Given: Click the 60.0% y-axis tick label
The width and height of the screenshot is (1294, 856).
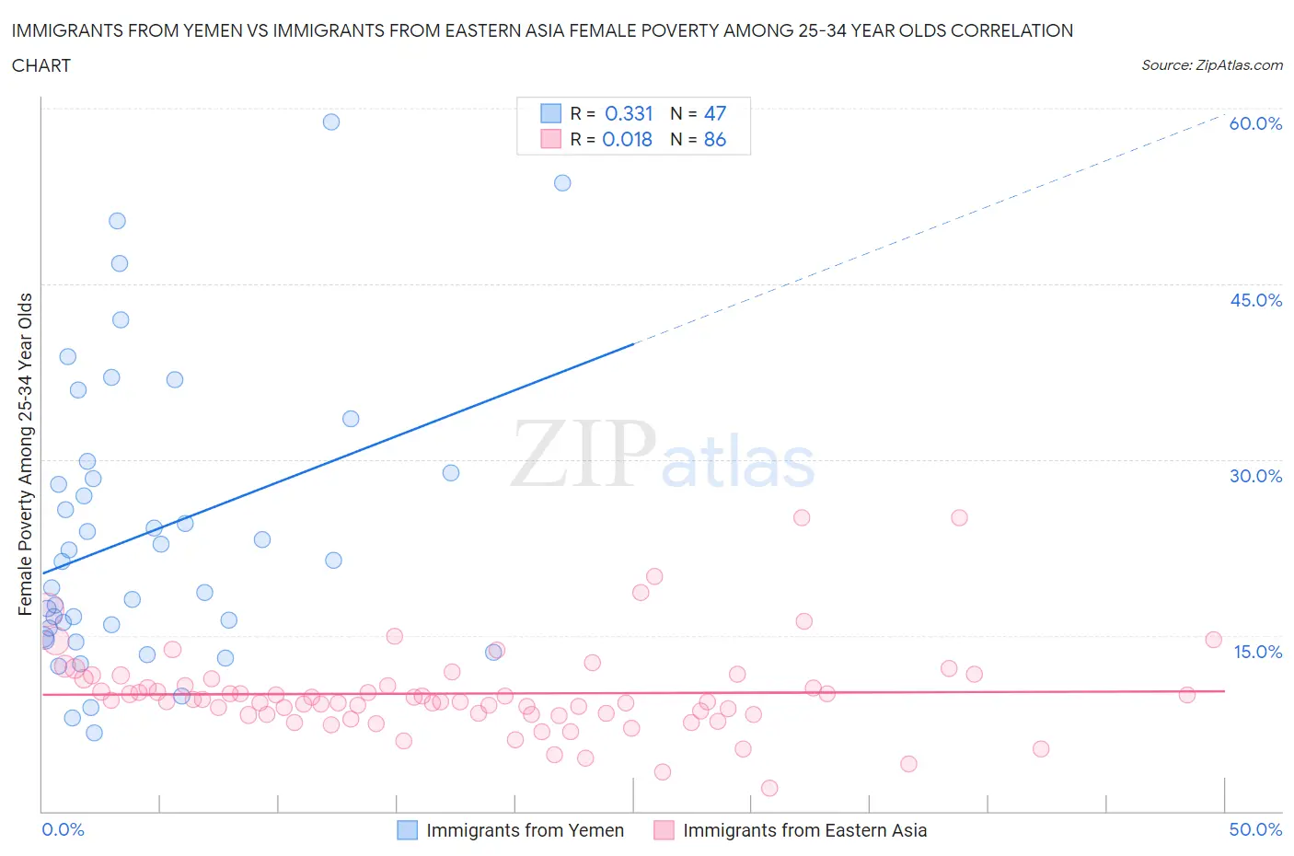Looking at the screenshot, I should pos(1255,123).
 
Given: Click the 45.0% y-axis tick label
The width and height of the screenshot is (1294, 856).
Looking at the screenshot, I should pos(1255,300).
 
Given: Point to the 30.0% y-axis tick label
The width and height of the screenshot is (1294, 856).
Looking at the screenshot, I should pos(1255,476).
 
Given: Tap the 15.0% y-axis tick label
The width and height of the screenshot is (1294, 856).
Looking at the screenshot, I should pos(1257,652).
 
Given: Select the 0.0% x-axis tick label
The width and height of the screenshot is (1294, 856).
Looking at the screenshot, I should pos(63,829).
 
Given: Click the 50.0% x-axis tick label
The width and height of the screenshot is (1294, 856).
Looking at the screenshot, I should pos(1255,829).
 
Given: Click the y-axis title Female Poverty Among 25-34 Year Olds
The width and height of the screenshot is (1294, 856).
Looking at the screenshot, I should pos(25,454).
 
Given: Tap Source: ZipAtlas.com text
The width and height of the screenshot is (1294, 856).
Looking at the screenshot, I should pos(1211,64).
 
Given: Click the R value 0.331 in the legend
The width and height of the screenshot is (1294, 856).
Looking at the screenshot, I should pos(629,113).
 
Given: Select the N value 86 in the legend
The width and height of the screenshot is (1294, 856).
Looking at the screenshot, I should pos(714,139).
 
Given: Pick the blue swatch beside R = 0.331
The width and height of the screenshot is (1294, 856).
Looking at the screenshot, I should pos(550,113).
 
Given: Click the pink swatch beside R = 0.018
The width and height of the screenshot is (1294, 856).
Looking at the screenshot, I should pos(550,139).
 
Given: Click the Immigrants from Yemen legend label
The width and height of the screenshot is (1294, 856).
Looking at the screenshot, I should pos(525,830).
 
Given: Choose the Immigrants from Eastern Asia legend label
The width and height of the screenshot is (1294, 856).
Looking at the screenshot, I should pos(804,830).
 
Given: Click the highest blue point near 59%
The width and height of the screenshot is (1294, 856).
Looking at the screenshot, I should pos(331,121).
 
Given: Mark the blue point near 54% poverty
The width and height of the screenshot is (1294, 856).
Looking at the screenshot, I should pos(562,183).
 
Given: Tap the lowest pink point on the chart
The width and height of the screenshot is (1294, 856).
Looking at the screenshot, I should pos(769,788).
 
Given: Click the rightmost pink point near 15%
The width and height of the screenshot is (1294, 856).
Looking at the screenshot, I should pos(1213,640).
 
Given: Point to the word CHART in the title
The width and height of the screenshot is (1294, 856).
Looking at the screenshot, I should pos(41,65).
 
